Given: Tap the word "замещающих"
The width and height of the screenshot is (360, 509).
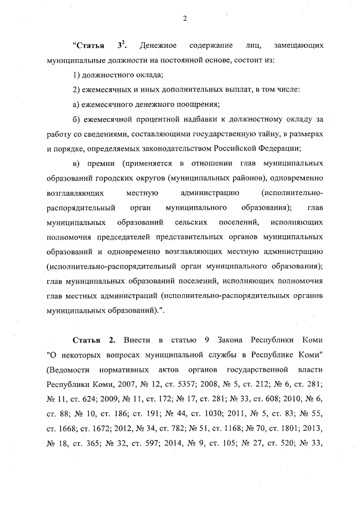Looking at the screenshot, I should (x=298, y=45).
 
